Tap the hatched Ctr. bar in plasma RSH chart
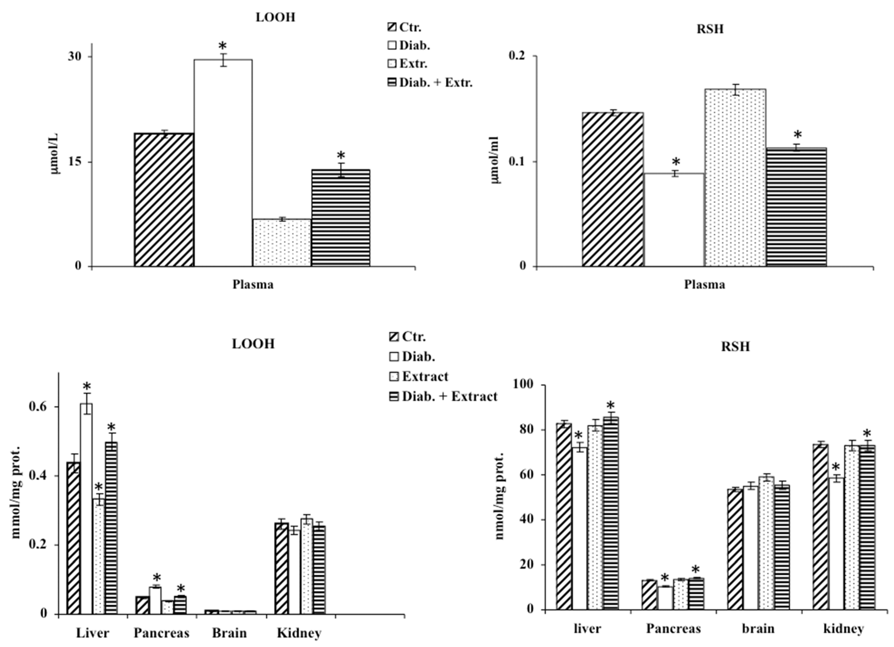[613, 189]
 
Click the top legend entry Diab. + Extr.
[435, 82]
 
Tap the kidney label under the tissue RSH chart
[844, 628]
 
